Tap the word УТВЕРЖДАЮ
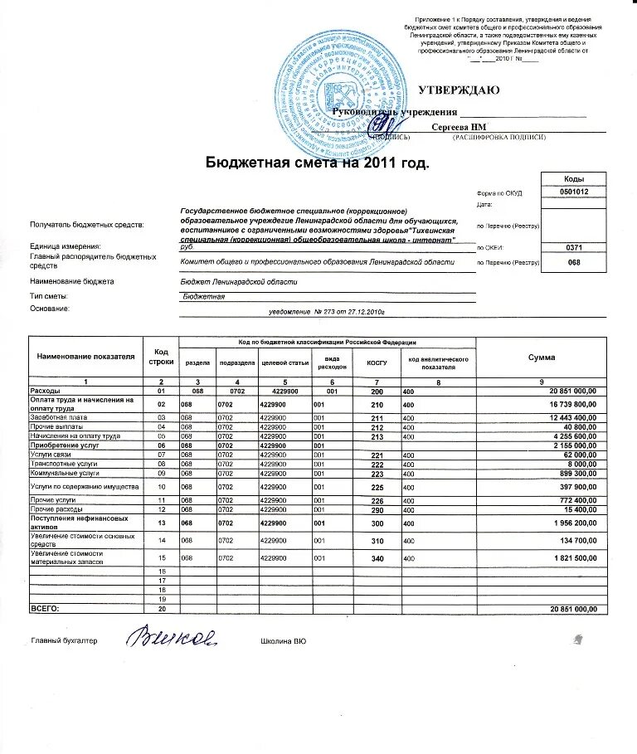(x=458, y=89)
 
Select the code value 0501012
(x=574, y=192)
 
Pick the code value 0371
(x=574, y=247)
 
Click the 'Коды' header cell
(x=574, y=179)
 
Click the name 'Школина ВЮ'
(x=284, y=641)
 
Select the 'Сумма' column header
(x=542, y=357)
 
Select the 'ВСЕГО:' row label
(x=46, y=609)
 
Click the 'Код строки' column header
(x=161, y=358)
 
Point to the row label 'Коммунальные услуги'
(x=64, y=473)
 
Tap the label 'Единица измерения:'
(x=66, y=246)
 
